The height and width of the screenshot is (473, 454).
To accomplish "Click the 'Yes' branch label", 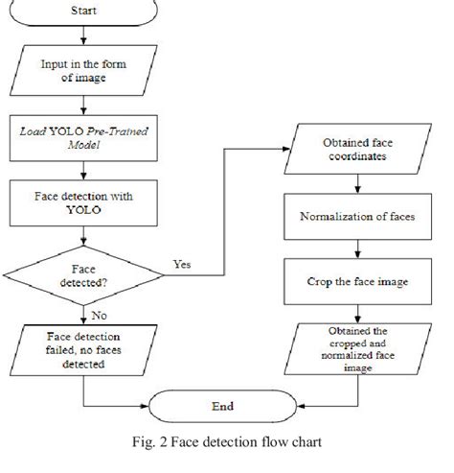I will [x=181, y=262].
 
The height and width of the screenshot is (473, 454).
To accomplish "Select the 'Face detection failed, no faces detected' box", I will [x=83, y=349].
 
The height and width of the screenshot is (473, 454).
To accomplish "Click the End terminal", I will [x=221, y=406].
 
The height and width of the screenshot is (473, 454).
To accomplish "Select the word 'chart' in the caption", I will [x=302, y=444].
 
